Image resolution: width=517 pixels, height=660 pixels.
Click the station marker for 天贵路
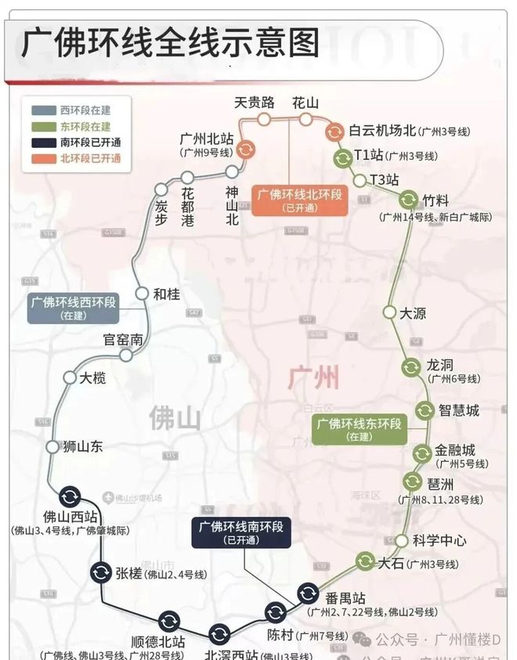click(265, 119)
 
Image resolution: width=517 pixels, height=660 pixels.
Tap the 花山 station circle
click(305, 119)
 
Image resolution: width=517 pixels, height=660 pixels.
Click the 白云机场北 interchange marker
click(334, 132)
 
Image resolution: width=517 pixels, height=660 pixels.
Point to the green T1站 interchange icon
click(342, 158)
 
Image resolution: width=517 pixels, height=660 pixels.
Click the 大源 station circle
click(389, 312)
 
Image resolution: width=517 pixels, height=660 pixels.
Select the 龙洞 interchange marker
click(411, 366)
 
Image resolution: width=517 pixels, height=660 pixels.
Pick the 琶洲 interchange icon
click(413, 481)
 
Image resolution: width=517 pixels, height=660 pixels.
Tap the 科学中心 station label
click(440, 541)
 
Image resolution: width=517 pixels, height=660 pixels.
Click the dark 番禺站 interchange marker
click(308, 595)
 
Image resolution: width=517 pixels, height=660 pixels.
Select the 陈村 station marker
click(275, 612)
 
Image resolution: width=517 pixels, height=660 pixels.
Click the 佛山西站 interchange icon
click(70, 496)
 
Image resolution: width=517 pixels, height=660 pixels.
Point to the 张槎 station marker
click(100, 573)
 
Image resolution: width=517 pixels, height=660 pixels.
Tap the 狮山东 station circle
click(53, 447)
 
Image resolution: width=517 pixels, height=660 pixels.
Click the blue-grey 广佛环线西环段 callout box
click(74, 308)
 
